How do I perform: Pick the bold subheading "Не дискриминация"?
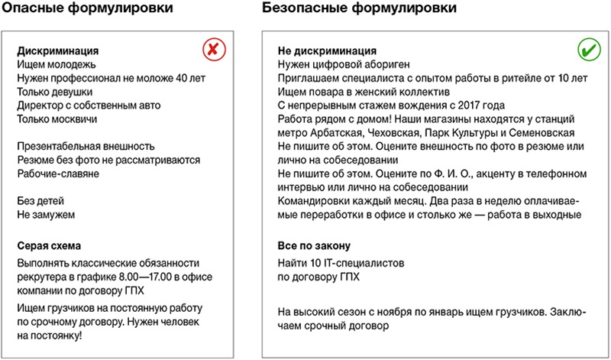pos(327,50)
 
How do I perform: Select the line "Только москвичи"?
pos(57,119)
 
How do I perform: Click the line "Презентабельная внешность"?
pos(86,146)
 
